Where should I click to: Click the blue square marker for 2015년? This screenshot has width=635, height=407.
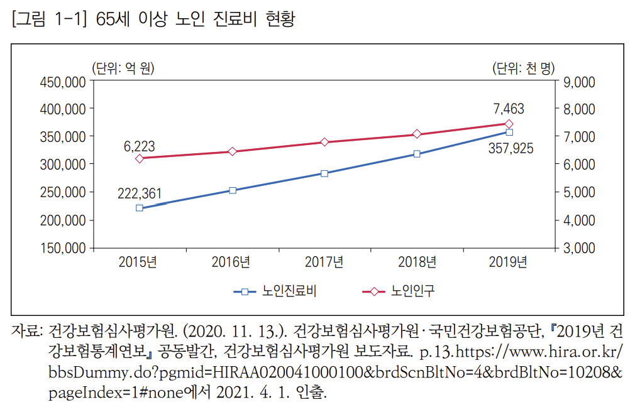pos(140,208)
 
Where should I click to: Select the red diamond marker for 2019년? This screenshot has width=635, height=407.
pos(509,124)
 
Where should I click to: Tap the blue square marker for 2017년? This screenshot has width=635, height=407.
pos(324,173)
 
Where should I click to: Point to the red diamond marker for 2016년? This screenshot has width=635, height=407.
pos(232,151)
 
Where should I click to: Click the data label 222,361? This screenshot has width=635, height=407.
pos(140,193)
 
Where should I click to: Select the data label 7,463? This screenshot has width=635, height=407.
pos(509,109)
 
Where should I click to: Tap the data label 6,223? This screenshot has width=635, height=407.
pos(140,146)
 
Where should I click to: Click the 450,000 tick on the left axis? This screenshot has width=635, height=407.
pos(63,81)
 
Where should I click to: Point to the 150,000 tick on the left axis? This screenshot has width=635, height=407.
pos(63,247)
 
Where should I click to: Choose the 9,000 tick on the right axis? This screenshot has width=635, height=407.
pos(579,81)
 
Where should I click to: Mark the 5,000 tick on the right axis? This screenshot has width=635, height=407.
pos(579,192)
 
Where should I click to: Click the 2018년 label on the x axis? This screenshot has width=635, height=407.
pos(417,263)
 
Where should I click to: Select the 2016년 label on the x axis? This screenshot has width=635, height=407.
pos(232,263)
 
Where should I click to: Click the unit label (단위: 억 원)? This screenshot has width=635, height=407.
pos(123,68)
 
